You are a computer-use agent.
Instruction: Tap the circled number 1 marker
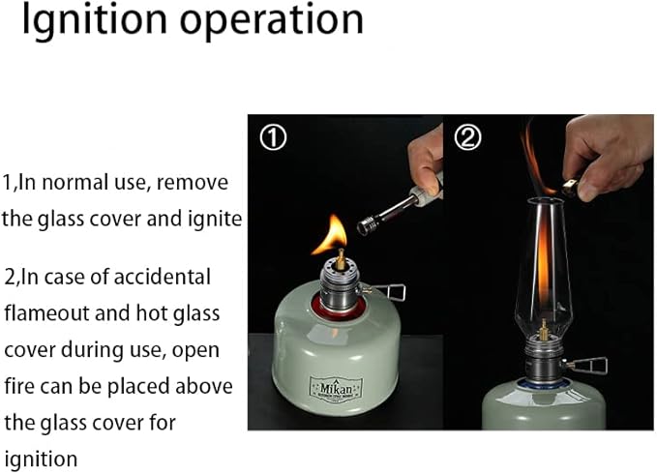[x=273, y=137]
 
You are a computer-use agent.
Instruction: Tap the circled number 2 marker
[x=467, y=137]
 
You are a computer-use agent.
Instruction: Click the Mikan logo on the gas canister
[x=336, y=390]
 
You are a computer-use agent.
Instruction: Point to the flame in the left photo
[x=331, y=235]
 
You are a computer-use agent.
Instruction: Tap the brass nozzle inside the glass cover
[x=544, y=330]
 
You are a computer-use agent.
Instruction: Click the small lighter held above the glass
[x=569, y=188]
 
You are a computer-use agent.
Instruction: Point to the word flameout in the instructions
[x=46, y=313]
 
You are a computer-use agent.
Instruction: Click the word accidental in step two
[x=162, y=278]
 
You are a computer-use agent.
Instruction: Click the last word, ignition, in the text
[x=41, y=459]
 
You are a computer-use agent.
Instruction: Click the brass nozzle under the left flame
[x=341, y=259]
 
